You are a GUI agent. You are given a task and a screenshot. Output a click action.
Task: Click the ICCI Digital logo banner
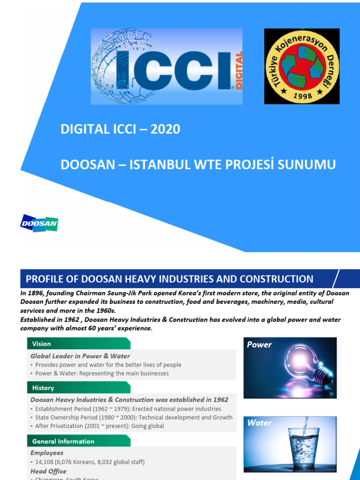(x=166, y=66)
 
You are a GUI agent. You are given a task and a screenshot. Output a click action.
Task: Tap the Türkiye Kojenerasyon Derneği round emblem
(x=301, y=66)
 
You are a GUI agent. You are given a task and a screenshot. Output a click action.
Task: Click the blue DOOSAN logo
(x=39, y=223)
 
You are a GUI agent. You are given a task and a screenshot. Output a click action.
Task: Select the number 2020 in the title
(x=165, y=129)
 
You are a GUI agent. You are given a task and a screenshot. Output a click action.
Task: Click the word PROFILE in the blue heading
(x=45, y=279)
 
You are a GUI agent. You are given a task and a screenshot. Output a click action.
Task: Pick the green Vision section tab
(x=78, y=344)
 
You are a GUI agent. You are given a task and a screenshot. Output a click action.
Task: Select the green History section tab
(x=78, y=388)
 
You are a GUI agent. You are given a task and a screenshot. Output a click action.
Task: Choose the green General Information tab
(x=78, y=441)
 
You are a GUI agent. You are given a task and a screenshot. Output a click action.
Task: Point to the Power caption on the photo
(x=259, y=345)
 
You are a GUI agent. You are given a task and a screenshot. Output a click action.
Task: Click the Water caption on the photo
(x=259, y=423)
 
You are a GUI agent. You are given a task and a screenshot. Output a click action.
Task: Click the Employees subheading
(x=47, y=453)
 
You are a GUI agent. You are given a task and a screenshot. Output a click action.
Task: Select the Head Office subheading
(x=48, y=471)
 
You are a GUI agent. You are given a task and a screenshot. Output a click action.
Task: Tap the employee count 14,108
(x=46, y=462)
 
